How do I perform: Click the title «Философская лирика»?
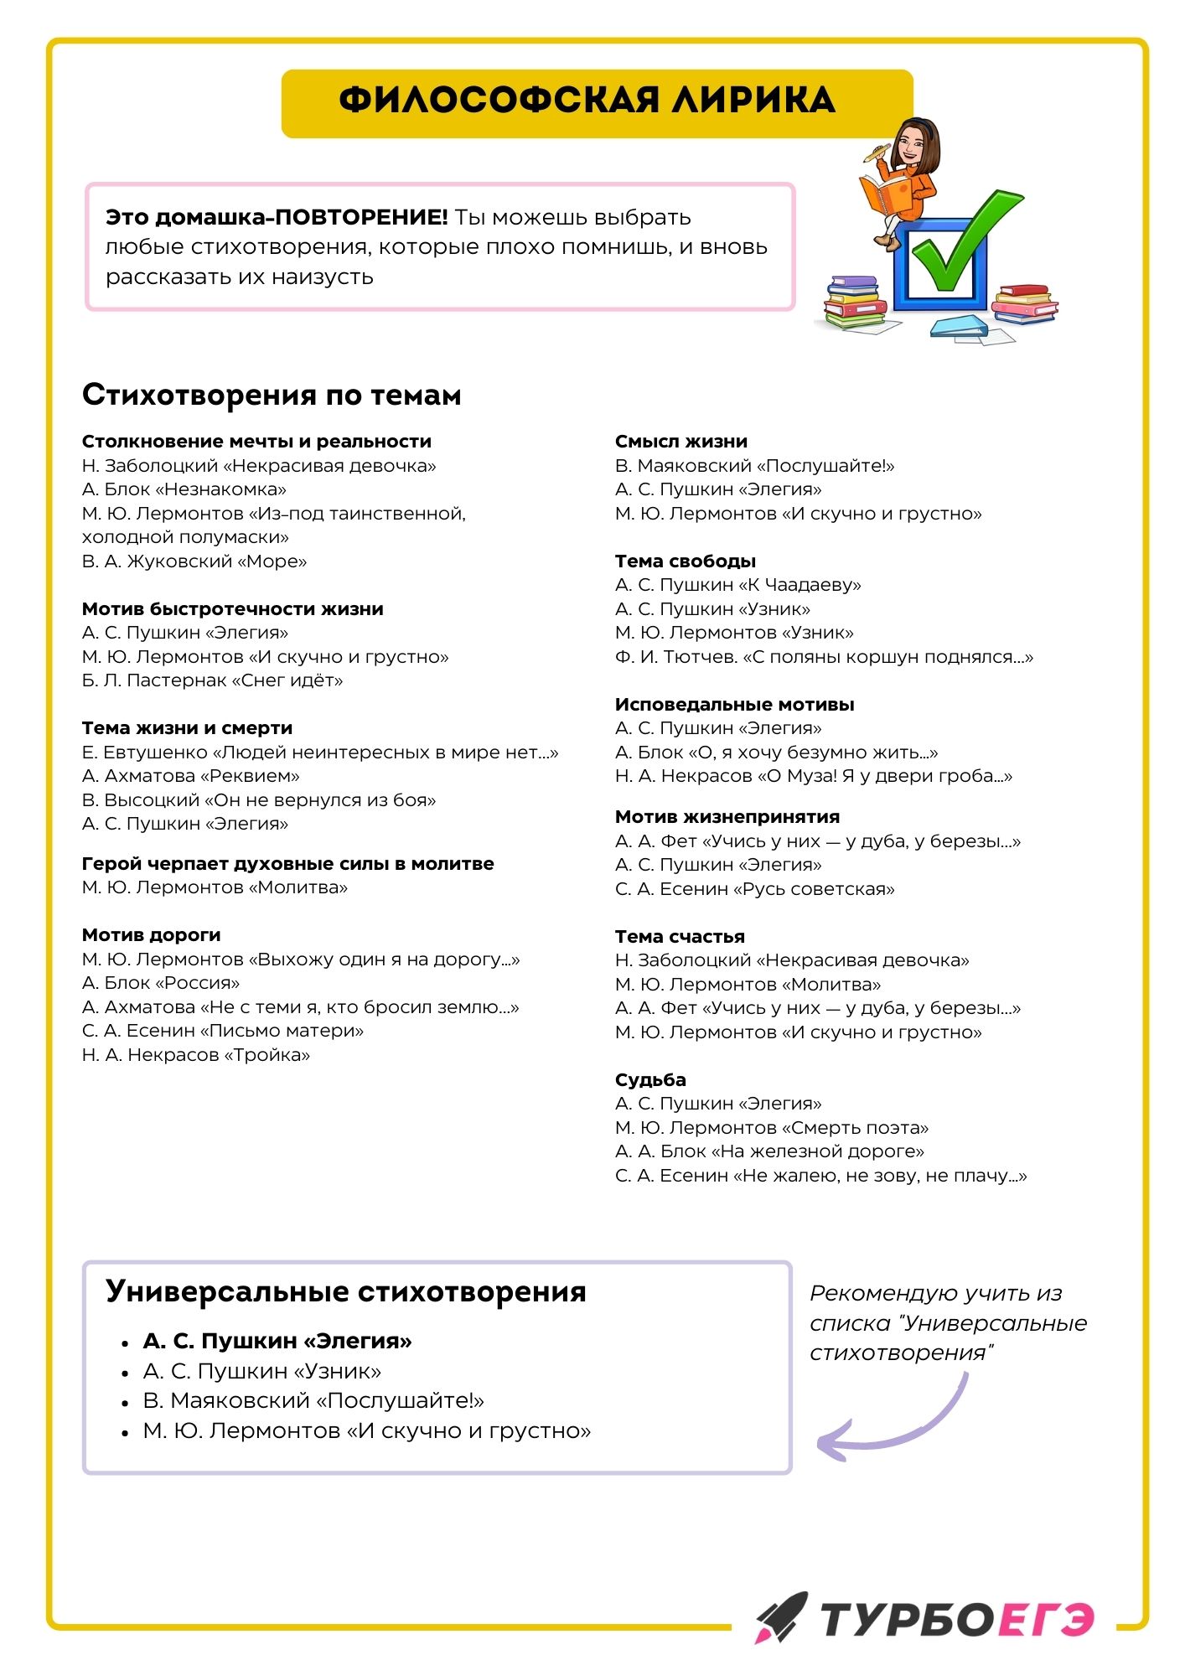[x=587, y=101]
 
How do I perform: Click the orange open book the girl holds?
[x=884, y=196]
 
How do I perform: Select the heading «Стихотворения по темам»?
[x=272, y=395]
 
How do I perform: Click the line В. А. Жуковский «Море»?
[x=194, y=561]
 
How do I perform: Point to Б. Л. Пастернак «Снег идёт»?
[x=213, y=680]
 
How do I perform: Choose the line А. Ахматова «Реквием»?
[x=191, y=776]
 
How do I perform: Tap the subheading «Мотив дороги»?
[x=152, y=935]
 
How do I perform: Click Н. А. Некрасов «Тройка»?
[x=196, y=1055]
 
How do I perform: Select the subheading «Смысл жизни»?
[x=680, y=442]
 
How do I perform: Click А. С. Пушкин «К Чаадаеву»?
[x=737, y=585]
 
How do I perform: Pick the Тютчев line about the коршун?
[x=824, y=657]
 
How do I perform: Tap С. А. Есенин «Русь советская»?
[x=754, y=889]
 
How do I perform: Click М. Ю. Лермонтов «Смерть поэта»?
[x=771, y=1128]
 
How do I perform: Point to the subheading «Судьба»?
[x=650, y=1080]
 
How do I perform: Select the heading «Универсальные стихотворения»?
[x=346, y=1291]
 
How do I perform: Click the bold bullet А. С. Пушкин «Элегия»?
[x=277, y=1342]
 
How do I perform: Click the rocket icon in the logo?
[x=780, y=1617]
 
